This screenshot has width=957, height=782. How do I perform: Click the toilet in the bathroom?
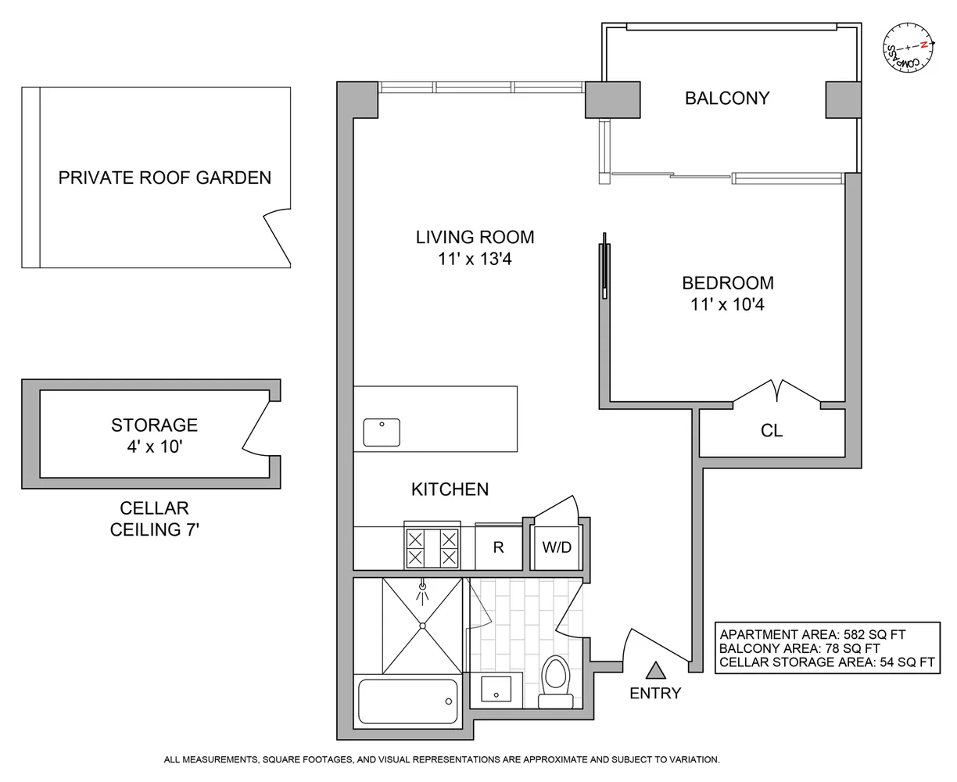(x=555, y=682)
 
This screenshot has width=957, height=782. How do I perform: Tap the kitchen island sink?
(x=382, y=432)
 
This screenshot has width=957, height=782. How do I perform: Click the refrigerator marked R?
(x=499, y=547)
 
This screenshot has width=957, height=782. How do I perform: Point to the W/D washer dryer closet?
(x=557, y=547)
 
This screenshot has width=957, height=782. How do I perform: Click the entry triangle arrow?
(x=655, y=670)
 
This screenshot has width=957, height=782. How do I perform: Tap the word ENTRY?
(x=655, y=693)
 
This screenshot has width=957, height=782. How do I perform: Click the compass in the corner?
(x=908, y=48)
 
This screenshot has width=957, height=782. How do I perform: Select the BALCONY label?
(x=727, y=99)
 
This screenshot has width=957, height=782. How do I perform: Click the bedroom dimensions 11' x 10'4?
(x=727, y=304)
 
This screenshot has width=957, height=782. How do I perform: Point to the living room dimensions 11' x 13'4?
(x=475, y=259)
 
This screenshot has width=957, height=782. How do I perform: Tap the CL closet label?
(x=772, y=431)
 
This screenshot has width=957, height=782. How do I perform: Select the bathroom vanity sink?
(x=496, y=688)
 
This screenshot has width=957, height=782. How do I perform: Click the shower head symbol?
(x=422, y=592)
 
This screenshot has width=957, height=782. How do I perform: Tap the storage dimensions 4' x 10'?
(x=155, y=447)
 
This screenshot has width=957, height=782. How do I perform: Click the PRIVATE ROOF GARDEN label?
(x=165, y=178)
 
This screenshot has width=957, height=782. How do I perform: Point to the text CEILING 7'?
(x=155, y=529)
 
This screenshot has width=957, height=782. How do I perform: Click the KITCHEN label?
(x=450, y=490)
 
